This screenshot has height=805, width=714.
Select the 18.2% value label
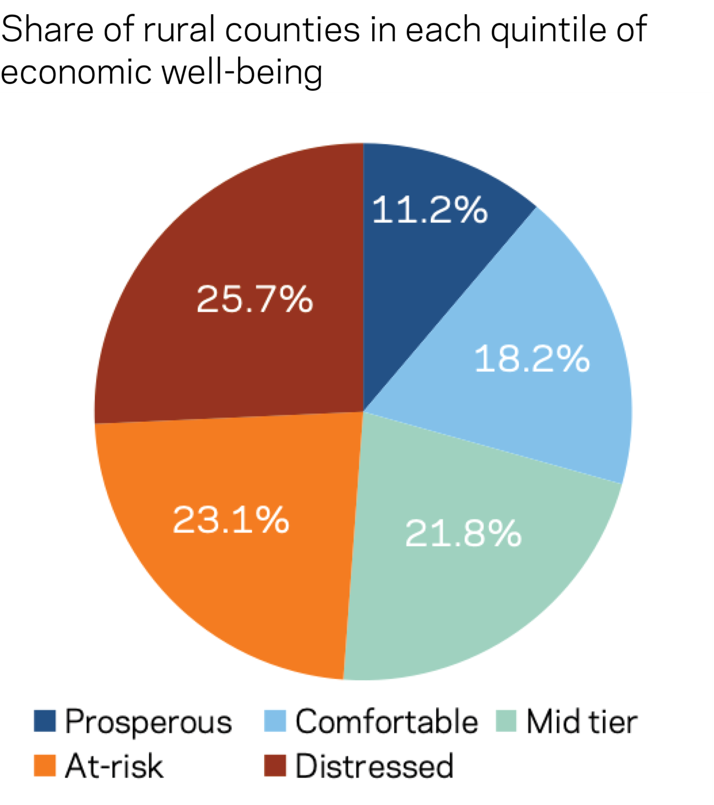[x=532, y=359]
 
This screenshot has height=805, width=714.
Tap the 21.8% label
[x=463, y=534]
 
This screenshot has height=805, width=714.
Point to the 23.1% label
[x=231, y=520]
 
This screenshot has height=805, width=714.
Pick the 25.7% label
[x=255, y=299]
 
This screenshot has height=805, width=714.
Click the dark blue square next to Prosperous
[x=45, y=721]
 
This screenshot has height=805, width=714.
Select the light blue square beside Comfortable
[x=275, y=721]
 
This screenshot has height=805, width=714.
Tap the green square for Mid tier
[x=506, y=721]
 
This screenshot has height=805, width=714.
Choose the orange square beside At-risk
[x=45, y=766]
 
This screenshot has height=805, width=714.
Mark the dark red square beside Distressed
[x=275, y=766]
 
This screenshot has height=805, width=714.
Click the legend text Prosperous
[x=148, y=722]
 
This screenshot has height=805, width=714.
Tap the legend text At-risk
[x=114, y=766]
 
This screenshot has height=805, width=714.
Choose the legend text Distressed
[x=374, y=766]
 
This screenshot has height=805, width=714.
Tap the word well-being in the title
[x=242, y=72]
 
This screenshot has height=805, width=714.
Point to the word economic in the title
[x=76, y=72]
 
